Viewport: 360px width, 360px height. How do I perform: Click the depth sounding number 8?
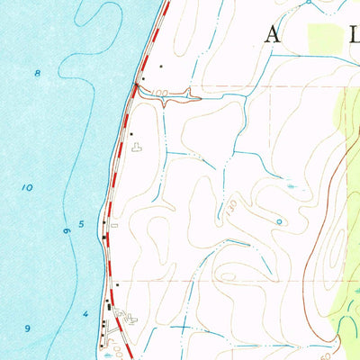[x=37, y=71]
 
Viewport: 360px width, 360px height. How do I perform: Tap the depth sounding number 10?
[x=28, y=188]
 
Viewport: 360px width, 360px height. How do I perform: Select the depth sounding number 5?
[x=81, y=223]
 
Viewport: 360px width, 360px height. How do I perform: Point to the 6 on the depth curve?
[x=67, y=232]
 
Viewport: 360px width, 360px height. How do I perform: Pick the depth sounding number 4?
[x=85, y=313]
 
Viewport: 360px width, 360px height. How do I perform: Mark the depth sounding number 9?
[x=28, y=328]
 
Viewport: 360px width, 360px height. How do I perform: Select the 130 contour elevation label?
[x=232, y=206]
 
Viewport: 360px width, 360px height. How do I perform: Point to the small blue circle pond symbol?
[x=279, y=220]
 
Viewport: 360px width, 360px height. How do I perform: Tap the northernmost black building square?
[x=161, y=67]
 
